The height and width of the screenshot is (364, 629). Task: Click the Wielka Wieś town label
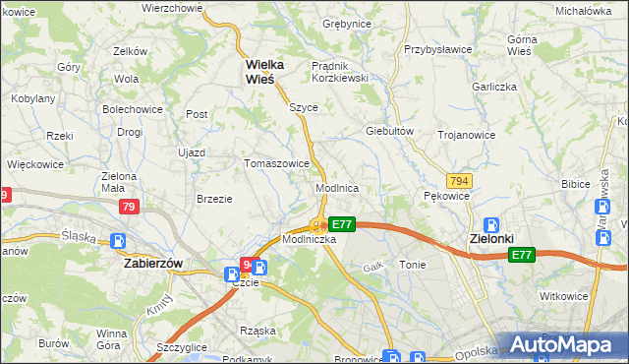[264, 71]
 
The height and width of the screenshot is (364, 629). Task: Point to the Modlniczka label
[310, 239]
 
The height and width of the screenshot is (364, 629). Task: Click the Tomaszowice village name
[277, 163]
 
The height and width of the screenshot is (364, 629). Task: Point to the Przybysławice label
[439, 47]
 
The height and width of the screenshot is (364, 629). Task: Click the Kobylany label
[32, 99]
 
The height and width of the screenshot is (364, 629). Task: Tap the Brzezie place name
[214, 198]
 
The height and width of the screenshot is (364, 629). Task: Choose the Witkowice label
[563, 295]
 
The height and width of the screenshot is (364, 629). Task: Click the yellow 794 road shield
[457, 181]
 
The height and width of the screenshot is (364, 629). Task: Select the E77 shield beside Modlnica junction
[341, 224]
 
